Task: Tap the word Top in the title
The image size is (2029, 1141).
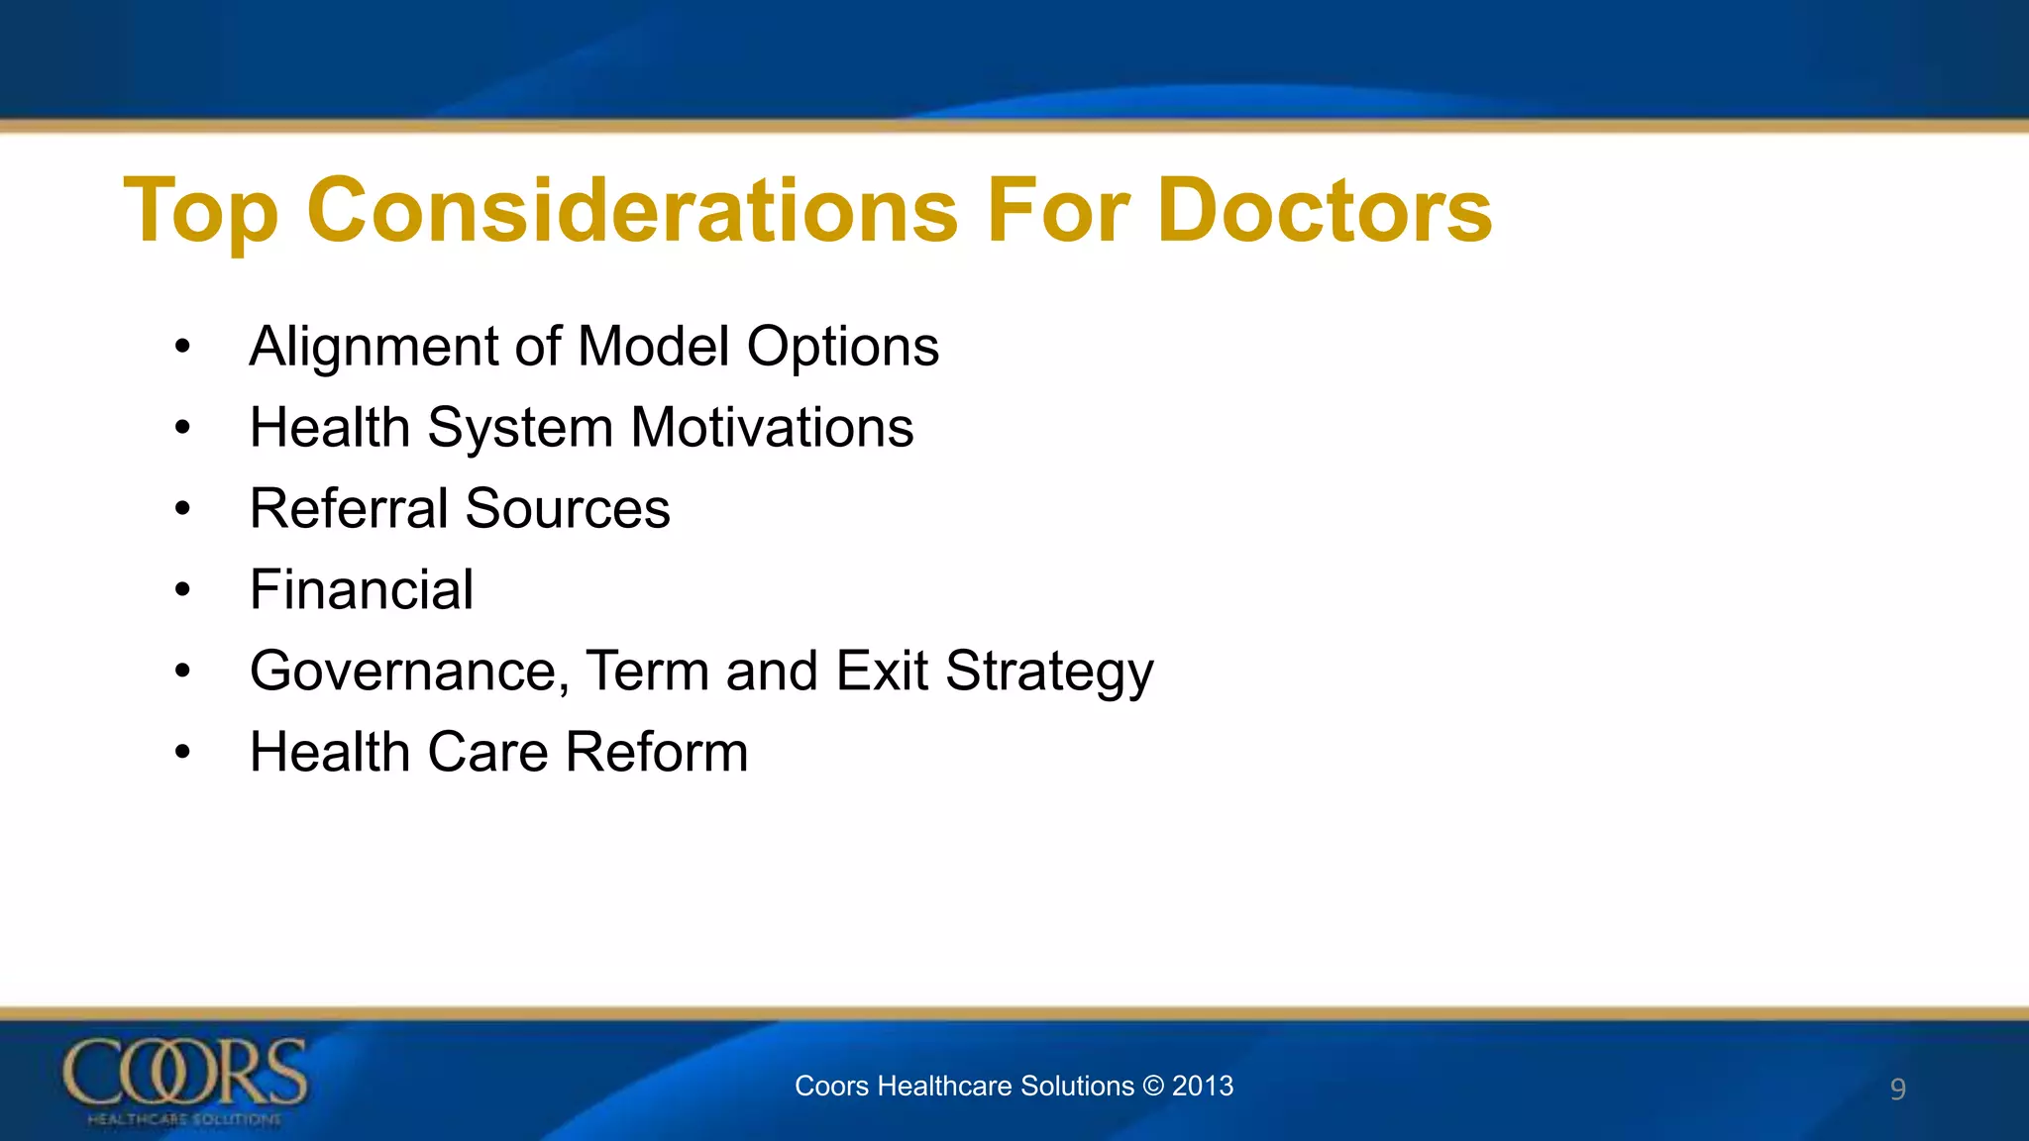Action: (201, 213)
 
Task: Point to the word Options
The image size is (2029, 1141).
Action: (842, 348)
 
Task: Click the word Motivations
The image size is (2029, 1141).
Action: (772, 428)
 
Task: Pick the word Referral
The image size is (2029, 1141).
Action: (349, 509)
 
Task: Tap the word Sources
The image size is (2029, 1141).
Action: (567, 509)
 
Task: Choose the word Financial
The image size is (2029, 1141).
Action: (361, 589)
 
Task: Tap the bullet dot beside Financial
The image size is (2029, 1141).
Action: (182, 590)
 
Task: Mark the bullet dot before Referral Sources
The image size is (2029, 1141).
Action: (182, 509)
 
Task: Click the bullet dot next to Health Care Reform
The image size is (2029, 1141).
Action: (182, 753)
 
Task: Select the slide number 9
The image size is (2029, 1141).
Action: (1897, 1089)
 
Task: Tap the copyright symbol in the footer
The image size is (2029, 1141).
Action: (1153, 1086)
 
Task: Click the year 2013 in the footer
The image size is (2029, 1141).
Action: (1203, 1086)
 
